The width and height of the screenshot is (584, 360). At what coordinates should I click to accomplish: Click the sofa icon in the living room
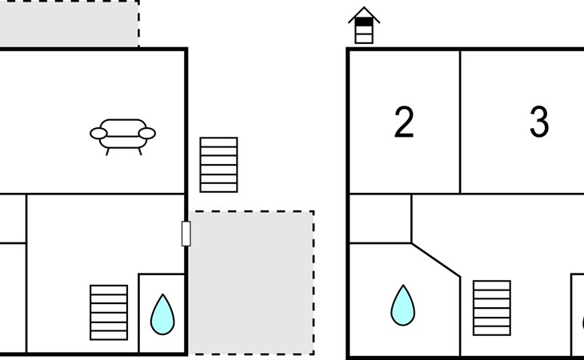[x=123, y=136]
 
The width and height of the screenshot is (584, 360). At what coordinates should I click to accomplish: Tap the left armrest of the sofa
[x=98, y=134]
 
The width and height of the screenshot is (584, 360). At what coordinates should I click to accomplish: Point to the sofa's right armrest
[x=147, y=134]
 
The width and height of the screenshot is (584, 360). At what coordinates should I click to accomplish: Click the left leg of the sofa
[x=107, y=151]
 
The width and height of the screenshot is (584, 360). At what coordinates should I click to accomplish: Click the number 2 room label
[x=404, y=122]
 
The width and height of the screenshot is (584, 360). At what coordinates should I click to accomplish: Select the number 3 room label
[x=539, y=122]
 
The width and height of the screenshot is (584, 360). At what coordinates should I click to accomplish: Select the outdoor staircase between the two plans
[x=218, y=165]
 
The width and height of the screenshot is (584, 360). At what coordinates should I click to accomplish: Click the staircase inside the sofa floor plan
[x=109, y=313]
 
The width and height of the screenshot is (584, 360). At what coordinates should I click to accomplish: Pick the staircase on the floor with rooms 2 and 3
[x=492, y=308]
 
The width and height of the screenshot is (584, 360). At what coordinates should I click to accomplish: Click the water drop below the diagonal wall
[x=403, y=306]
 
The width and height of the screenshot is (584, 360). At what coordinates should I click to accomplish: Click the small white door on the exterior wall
[x=186, y=234]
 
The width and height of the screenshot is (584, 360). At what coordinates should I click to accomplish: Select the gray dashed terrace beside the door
[x=251, y=283]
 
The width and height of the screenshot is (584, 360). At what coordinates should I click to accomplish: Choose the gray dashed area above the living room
[x=70, y=23]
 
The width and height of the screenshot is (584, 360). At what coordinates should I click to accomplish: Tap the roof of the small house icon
[x=364, y=15]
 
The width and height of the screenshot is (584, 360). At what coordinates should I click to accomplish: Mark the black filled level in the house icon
[x=364, y=22]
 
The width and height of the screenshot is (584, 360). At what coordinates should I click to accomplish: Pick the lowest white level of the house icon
[x=364, y=38]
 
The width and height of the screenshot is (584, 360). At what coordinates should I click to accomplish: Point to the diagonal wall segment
[x=436, y=260]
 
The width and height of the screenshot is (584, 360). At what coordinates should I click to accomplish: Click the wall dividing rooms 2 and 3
[x=460, y=122]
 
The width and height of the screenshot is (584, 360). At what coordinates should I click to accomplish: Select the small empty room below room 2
[x=380, y=218]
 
